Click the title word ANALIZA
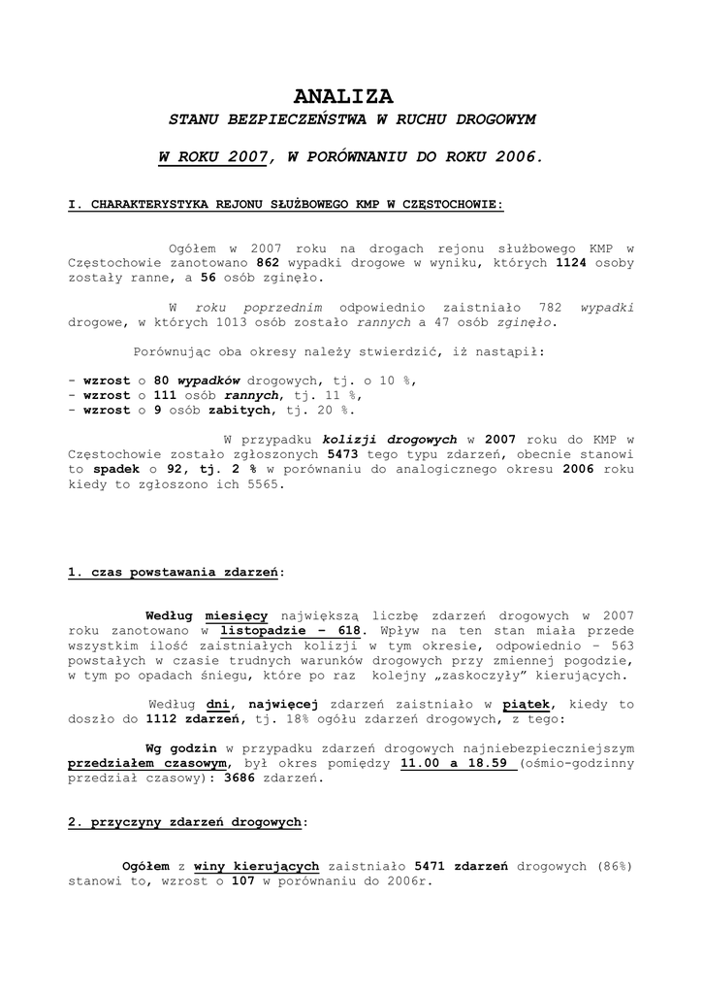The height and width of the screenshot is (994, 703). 343,96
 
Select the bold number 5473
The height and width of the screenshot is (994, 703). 344,454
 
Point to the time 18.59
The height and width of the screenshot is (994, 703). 489,764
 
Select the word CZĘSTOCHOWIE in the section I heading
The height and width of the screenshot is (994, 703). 447,205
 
